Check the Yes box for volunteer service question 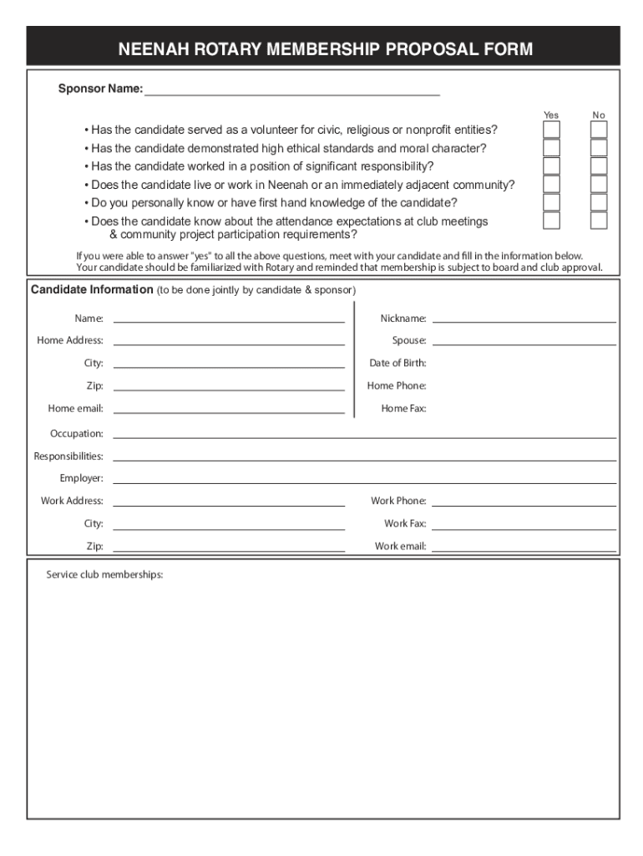[x=552, y=130]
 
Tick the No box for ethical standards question [x=599, y=148]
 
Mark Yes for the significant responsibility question [x=552, y=166]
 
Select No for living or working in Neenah [x=599, y=184]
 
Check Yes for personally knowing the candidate [x=552, y=202]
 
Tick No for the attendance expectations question [x=599, y=221]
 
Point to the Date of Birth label [x=397, y=363]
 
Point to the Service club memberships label [x=104, y=575]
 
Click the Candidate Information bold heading [x=92, y=290]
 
